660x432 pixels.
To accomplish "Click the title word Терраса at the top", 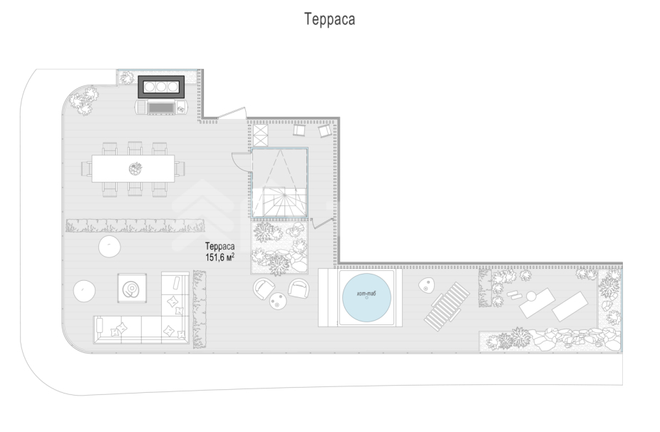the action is point(329,19).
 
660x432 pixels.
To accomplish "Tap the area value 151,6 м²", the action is point(220,257).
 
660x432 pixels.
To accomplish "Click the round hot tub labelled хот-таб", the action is point(366,298).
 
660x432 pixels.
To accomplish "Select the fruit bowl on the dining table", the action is point(135,169).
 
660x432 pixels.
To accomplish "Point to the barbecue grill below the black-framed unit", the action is point(162,107).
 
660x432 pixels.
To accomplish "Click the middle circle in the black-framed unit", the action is point(161,87).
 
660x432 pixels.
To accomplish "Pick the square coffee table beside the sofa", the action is point(132,289).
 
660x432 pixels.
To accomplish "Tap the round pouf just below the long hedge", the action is point(110,247).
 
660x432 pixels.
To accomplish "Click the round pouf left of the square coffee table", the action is point(84,291).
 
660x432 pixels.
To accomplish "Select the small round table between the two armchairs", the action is point(277,301).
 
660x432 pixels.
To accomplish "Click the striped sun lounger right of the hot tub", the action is point(447,306).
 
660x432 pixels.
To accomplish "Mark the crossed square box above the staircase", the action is point(260,135).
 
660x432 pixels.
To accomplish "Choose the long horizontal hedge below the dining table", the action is point(135,226).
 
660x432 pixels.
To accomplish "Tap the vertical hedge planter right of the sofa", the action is point(200,309).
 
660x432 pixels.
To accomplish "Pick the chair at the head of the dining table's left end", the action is point(87,169).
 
